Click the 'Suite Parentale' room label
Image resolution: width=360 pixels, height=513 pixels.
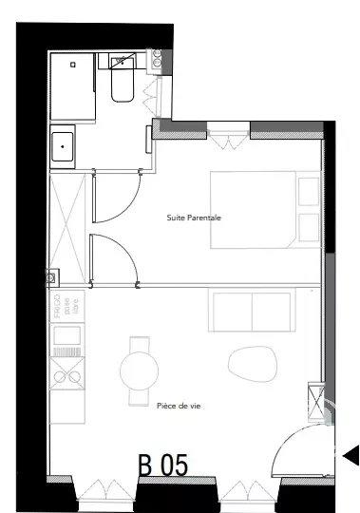tap(194, 218)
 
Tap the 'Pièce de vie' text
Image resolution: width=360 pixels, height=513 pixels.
tap(179, 405)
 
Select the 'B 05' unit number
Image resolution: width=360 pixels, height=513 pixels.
tap(163, 465)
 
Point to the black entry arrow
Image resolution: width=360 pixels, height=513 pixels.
tap(350, 456)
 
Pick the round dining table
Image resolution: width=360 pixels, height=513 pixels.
tap(141, 365)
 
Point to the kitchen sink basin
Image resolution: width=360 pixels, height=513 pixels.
tap(69, 335)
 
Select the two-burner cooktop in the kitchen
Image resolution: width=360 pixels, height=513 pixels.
tap(69, 378)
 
